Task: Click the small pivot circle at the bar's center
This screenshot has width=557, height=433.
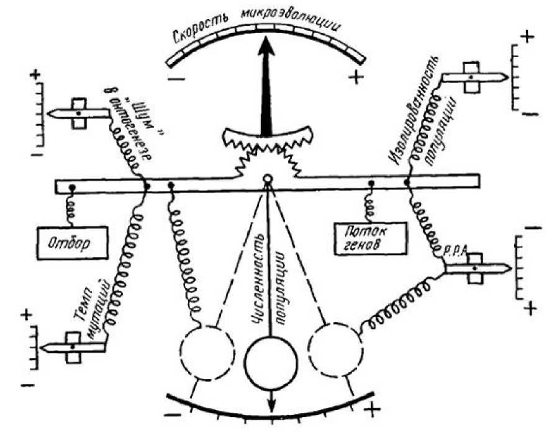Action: pos(267,180)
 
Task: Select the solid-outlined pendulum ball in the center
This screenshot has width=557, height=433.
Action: pos(272,359)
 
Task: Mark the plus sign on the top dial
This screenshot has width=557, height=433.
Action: pos(356,78)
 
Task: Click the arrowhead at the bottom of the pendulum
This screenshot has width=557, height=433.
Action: pos(272,406)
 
